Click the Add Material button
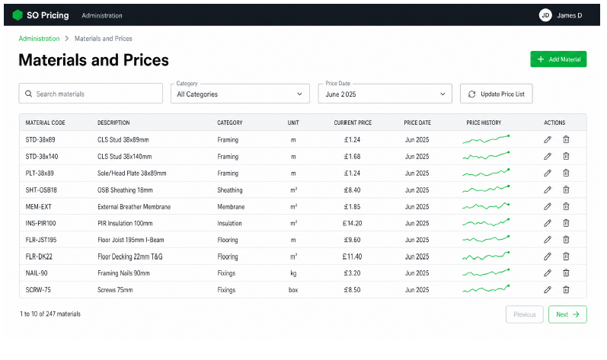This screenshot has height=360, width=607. [558, 59]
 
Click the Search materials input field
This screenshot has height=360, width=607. [91, 94]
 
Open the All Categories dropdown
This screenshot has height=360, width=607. [240, 94]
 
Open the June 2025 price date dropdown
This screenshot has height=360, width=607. [385, 94]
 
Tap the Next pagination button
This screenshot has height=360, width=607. [567, 314]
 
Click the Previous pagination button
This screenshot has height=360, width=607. [525, 314]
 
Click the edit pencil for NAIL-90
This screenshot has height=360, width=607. [548, 273]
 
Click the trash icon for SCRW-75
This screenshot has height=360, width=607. [566, 290]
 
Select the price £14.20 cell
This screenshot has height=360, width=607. [352, 223]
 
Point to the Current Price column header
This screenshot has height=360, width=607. [353, 123]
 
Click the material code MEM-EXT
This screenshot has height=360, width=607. [38, 206]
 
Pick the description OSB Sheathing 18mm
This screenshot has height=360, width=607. [125, 190]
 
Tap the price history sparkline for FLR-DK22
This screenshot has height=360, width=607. [486, 256]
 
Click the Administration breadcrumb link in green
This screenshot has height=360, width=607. [39, 39]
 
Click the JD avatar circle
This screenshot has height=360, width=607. [545, 15]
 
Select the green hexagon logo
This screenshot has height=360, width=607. [18, 15]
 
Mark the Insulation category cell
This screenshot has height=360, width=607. [229, 223]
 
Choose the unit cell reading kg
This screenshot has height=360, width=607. [293, 273]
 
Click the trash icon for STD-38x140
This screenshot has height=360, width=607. [566, 156]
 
